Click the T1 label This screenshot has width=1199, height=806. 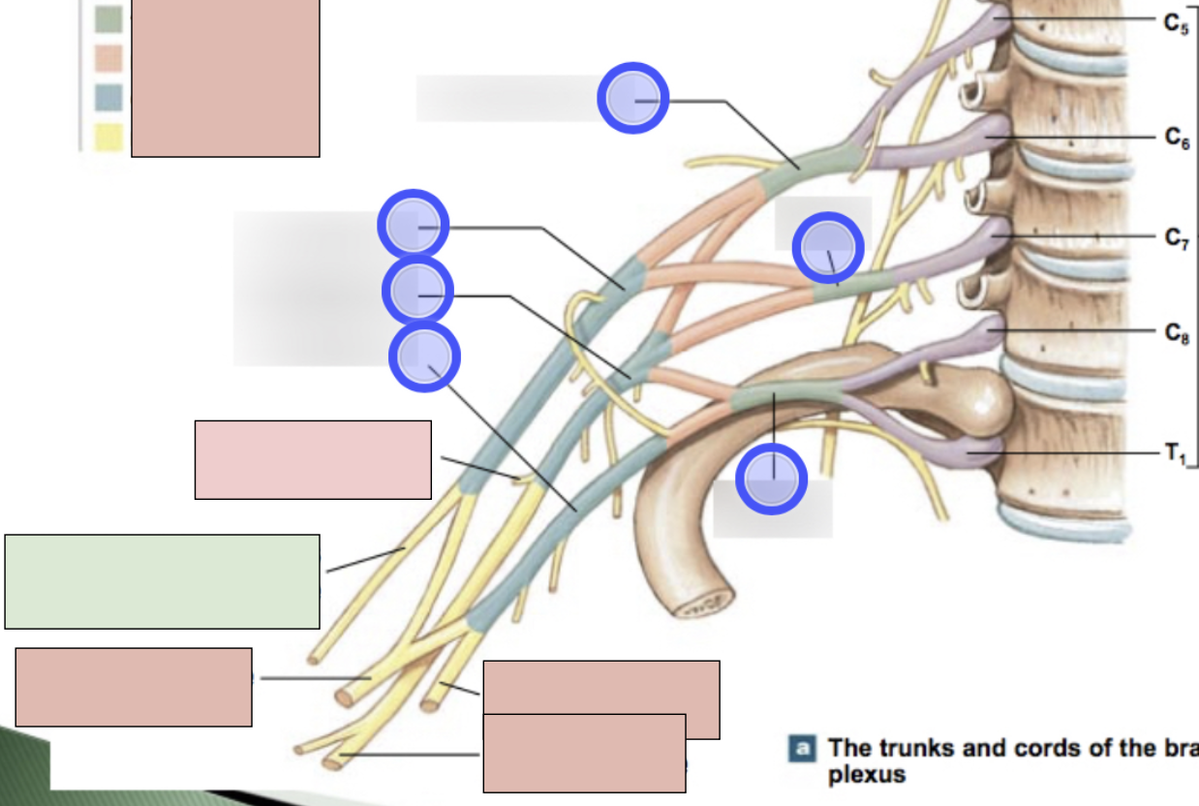(x=1175, y=453)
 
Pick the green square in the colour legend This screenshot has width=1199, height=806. (x=108, y=19)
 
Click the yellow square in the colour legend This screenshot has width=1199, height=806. (x=108, y=138)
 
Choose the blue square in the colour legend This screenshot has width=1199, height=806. (x=108, y=98)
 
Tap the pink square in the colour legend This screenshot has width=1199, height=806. (x=108, y=59)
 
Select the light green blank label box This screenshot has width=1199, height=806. (x=162, y=581)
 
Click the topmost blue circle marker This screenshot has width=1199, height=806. (x=632, y=98)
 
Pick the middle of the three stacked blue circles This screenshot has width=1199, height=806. (x=418, y=292)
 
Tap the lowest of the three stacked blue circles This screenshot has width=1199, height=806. (x=424, y=357)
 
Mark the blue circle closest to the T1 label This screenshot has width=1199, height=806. (x=772, y=479)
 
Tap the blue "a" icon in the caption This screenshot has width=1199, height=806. (x=801, y=748)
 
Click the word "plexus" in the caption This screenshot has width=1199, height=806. (x=867, y=775)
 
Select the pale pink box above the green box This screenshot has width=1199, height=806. (x=313, y=459)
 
